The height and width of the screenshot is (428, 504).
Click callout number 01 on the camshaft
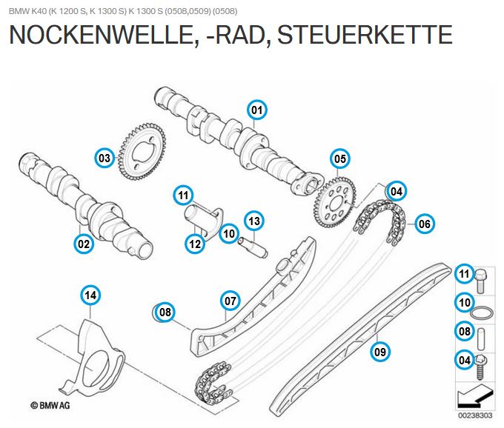(256, 110)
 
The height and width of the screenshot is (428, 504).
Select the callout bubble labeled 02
(84, 242)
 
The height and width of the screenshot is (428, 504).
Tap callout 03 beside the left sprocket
(105, 158)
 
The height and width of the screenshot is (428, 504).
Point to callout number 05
(339, 158)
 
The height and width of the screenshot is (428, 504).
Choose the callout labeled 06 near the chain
(424, 223)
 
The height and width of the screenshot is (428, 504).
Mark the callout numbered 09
(380, 350)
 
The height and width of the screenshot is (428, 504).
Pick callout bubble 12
(195, 242)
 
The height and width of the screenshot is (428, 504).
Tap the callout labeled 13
(253, 221)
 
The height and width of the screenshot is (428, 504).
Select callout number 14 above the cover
(90, 296)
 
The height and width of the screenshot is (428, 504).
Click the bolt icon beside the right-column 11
(481, 278)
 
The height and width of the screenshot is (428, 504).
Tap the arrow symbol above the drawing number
(475, 398)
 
